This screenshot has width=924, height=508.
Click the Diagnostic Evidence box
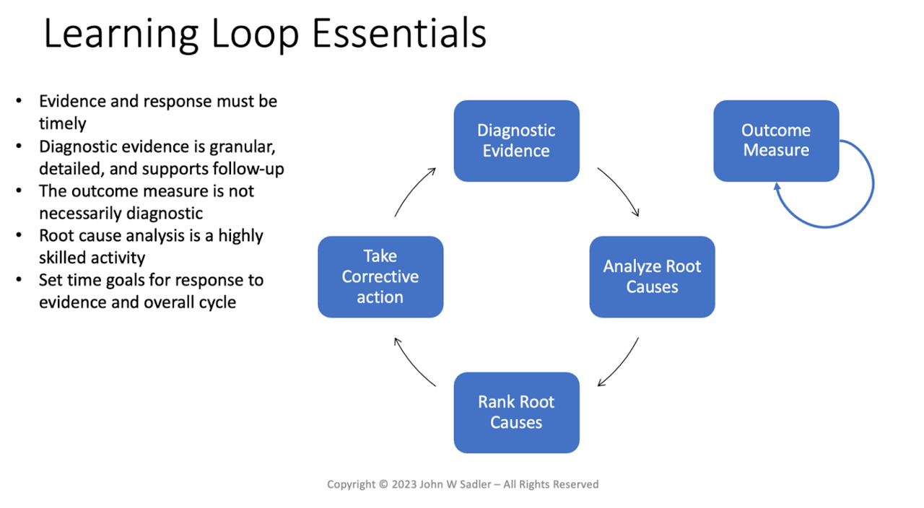point(516,141)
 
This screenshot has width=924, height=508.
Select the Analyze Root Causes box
point(652,276)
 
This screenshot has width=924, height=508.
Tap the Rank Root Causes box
point(516,412)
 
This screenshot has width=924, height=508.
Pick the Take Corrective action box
point(380,276)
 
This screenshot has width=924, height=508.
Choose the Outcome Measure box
point(776,141)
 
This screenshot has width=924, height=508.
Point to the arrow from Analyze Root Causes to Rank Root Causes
point(621,364)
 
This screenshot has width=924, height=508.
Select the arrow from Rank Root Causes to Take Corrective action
point(412,364)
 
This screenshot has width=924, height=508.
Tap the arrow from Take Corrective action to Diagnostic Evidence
point(413,190)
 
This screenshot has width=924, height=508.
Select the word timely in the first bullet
point(62,123)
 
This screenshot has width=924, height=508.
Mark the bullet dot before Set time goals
point(19,280)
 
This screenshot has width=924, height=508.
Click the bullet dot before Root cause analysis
point(19,236)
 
